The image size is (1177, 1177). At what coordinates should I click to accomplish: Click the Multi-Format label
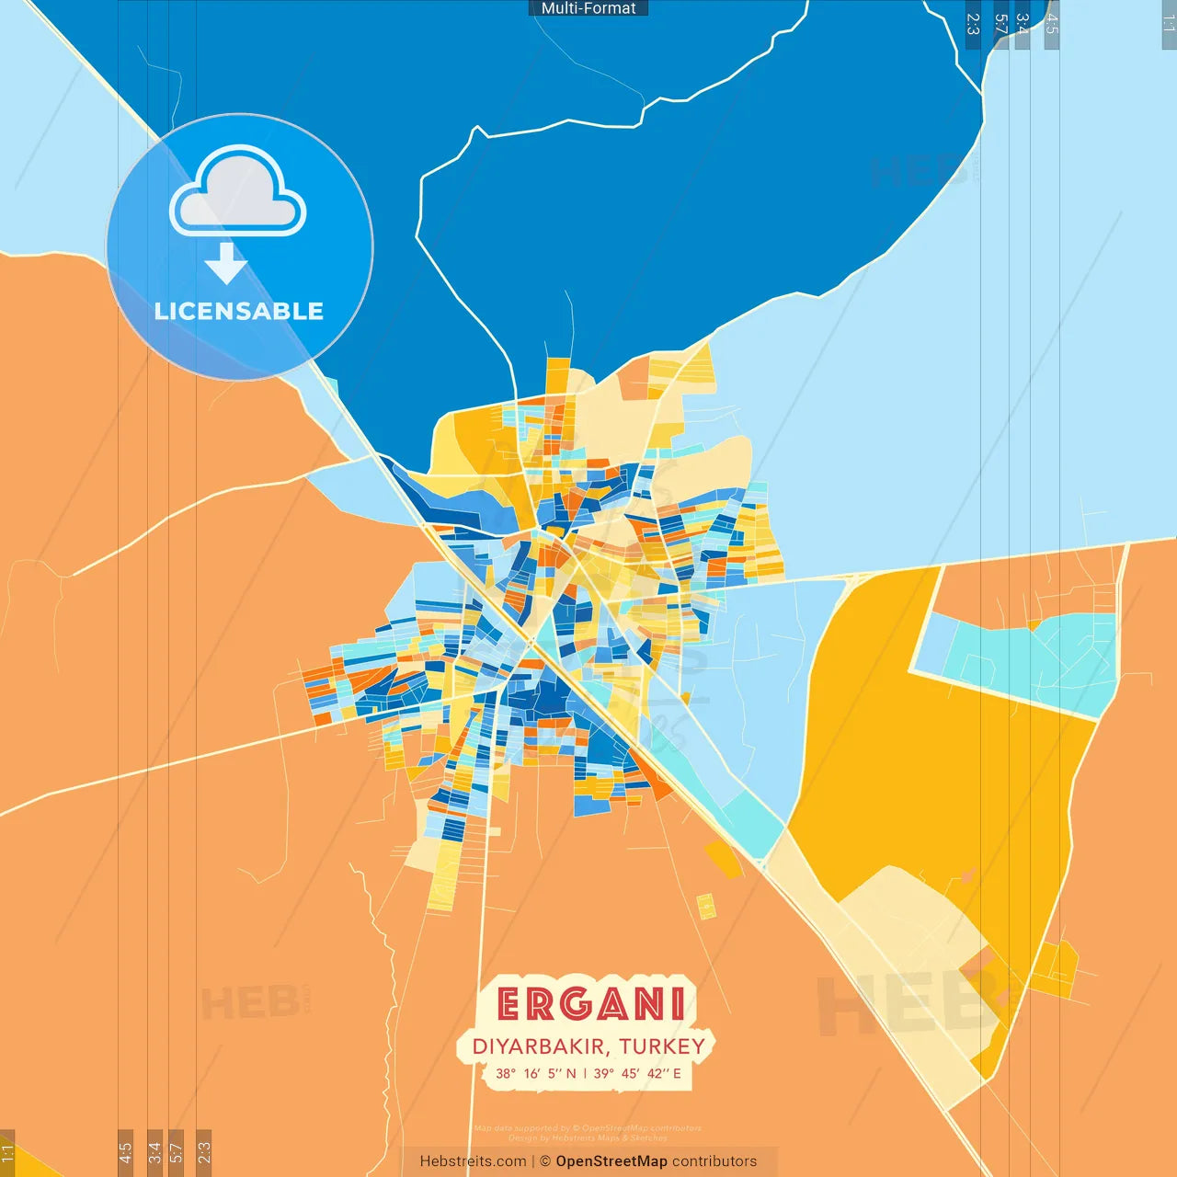pos(588,8)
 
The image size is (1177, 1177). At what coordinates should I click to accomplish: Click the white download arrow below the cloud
pos(226,263)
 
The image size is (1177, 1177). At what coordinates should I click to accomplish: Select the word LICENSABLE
pos(239,312)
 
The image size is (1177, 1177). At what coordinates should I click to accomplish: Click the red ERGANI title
pos(591,1004)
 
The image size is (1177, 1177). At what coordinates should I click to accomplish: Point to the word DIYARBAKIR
pos(538,1046)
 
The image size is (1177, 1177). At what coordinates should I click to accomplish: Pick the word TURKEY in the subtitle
pos(662,1046)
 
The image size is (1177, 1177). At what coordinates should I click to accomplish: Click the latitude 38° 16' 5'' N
pos(536,1073)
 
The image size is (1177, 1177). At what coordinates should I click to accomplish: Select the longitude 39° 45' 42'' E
pos(637,1073)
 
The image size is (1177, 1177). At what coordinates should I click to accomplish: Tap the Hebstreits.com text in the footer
pos(473,1161)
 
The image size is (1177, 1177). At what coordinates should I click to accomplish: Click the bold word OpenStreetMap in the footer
pos(611,1161)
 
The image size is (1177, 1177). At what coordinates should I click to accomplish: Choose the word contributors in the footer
pos(714,1161)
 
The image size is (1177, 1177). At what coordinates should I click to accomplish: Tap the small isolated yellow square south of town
pos(706,906)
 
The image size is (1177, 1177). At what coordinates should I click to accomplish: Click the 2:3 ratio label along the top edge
pos(973,24)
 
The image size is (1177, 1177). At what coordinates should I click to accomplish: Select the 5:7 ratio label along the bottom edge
pos(177,1151)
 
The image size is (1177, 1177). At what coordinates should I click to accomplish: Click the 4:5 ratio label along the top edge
pos(1052,24)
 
